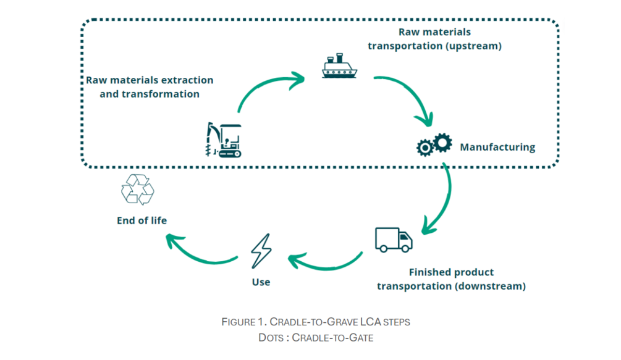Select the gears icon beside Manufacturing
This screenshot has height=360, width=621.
pos(434,145)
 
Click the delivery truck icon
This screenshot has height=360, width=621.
pos(394,240)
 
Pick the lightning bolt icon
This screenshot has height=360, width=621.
pos(261,251)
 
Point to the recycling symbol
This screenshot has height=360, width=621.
pos(138,189)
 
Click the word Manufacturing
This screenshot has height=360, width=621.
pos(497,148)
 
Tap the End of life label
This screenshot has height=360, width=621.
pos(142,220)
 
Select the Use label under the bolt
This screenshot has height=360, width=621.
pos(261,282)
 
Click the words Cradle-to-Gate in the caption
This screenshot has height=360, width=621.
pos(332,338)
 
